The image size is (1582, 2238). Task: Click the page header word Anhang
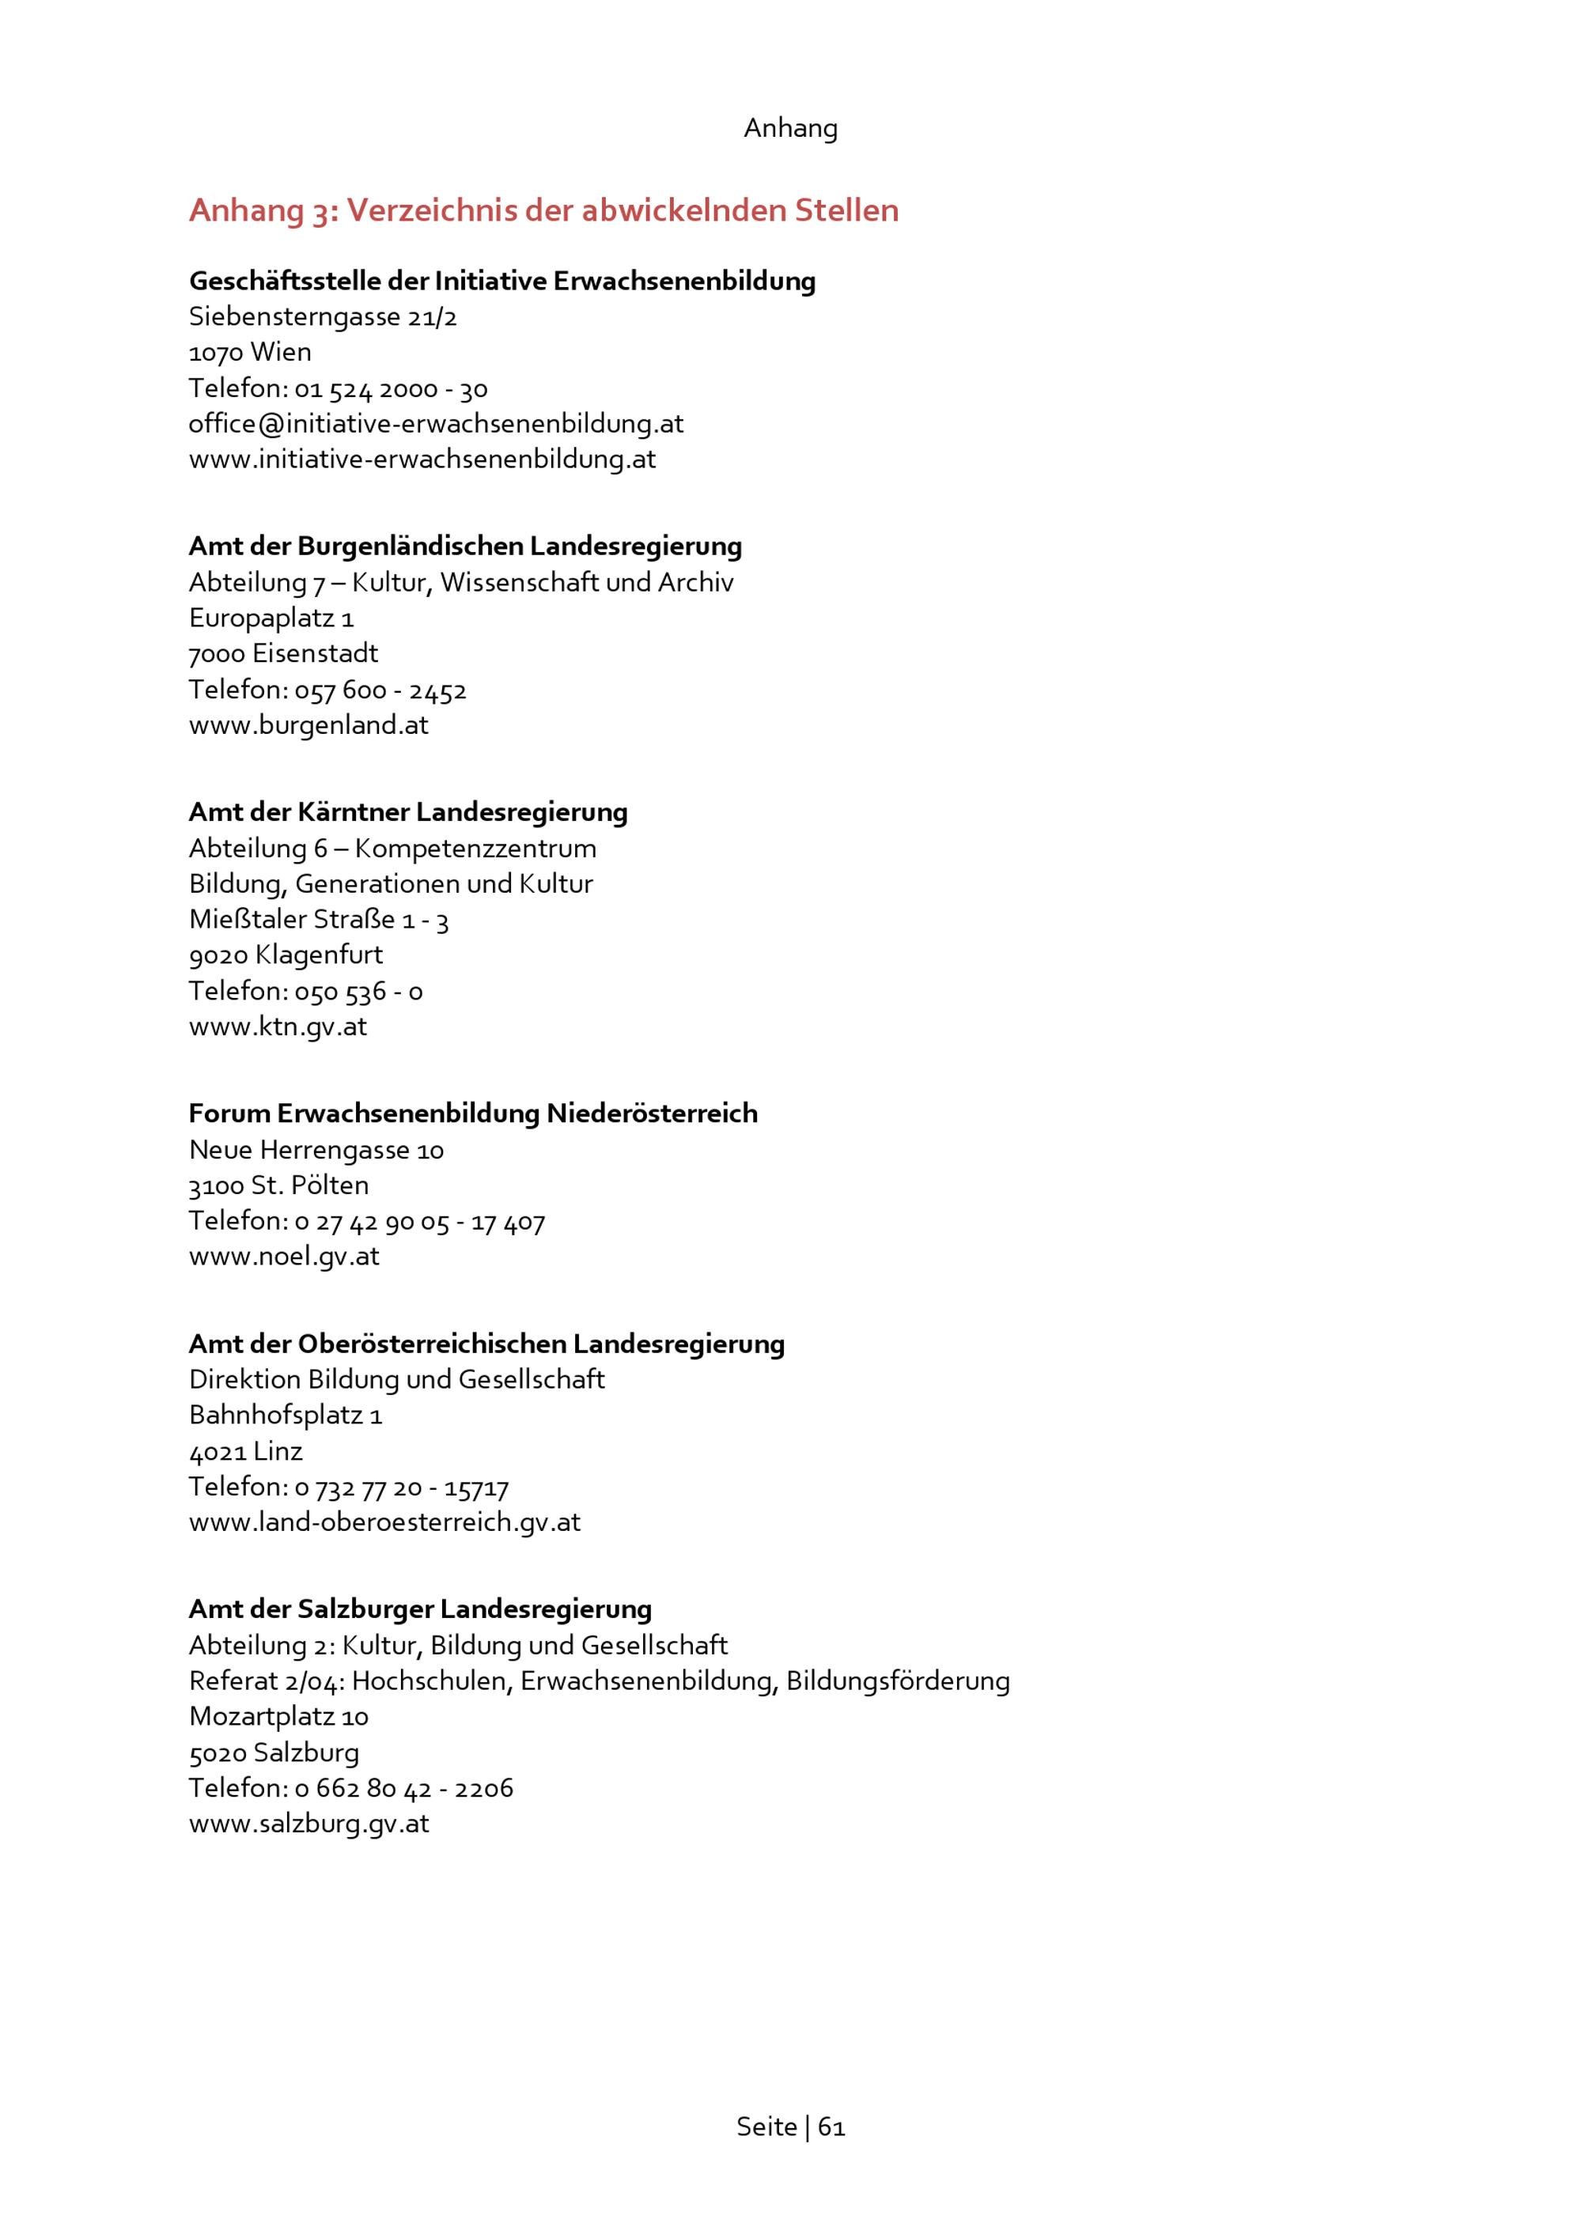click(x=789, y=127)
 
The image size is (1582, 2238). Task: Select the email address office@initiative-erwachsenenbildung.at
click(x=436, y=423)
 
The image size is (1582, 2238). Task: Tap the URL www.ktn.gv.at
click(x=278, y=1026)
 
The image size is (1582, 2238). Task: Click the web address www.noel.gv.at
click(x=284, y=1256)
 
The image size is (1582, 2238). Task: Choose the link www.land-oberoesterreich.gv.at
click(x=384, y=1522)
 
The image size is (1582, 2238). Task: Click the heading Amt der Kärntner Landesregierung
click(x=407, y=812)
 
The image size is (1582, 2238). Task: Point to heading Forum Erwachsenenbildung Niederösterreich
click(x=473, y=1113)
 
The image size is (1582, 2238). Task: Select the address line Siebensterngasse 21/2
click(x=323, y=317)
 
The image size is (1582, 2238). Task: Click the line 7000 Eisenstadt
click(x=282, y=653)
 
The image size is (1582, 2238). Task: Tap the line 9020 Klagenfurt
click(x=286, y=955)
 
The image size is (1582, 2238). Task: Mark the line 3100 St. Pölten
click(x=278, y=1185)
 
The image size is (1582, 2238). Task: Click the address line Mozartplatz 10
click(x=278, y=1717)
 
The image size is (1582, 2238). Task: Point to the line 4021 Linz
click(x=246, y=1451)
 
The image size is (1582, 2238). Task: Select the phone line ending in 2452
click(x=327, y=690)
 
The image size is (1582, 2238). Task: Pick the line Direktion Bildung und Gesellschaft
click(x=397, y=1379)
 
